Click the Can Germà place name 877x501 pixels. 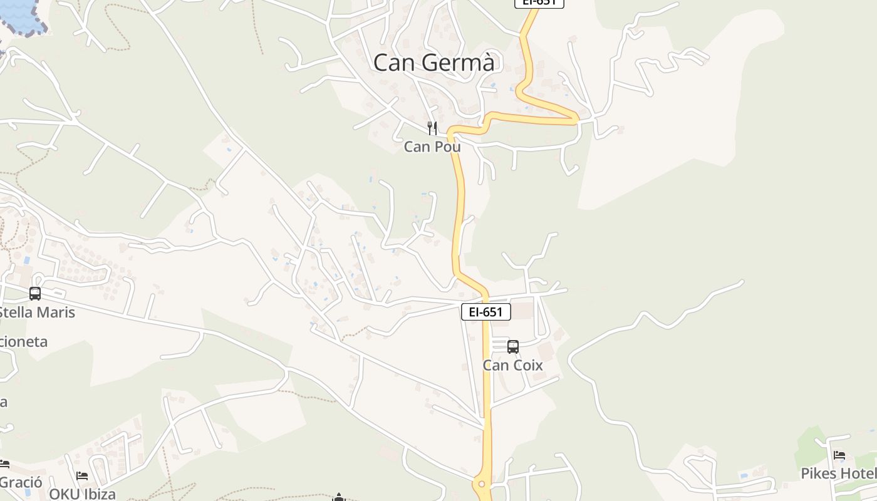[433, 63]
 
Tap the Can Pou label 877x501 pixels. [432, 147]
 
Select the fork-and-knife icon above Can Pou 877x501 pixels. [432, 128]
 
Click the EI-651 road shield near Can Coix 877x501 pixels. [485, 312]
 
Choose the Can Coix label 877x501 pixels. [512, 365]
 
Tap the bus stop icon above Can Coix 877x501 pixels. [513, 347]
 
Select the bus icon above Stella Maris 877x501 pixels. [35, 293]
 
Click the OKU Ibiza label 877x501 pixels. [82, 493]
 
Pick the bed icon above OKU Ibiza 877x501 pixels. [82, 476]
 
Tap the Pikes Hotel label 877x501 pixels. [838, 473]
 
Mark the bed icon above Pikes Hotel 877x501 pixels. [839, 455]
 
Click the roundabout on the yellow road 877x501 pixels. [482, 483]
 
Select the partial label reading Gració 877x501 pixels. [21, 482]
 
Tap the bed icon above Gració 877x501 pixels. [4, 465]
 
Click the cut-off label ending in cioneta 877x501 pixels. [24, 342]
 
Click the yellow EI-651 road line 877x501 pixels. [459, 207]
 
